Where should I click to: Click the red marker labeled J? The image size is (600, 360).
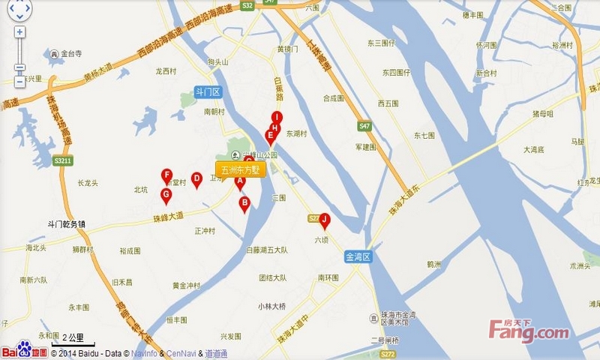[325, 220]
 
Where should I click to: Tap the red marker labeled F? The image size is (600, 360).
[167, 176]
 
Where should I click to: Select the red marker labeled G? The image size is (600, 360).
[166, 195]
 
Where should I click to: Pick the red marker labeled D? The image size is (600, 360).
[196, 179]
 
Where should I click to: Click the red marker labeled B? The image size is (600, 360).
[244, 202]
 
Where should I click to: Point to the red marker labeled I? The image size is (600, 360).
[277, 118]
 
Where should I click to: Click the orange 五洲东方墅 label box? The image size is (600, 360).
[240, 169]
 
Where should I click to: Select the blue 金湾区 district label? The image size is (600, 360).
[358, 257]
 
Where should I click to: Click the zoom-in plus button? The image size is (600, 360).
[19, 32]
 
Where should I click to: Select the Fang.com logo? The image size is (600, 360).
[529, 330]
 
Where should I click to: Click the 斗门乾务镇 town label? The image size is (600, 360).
[67, 223]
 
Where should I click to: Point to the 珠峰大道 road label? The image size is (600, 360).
[167, 217]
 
